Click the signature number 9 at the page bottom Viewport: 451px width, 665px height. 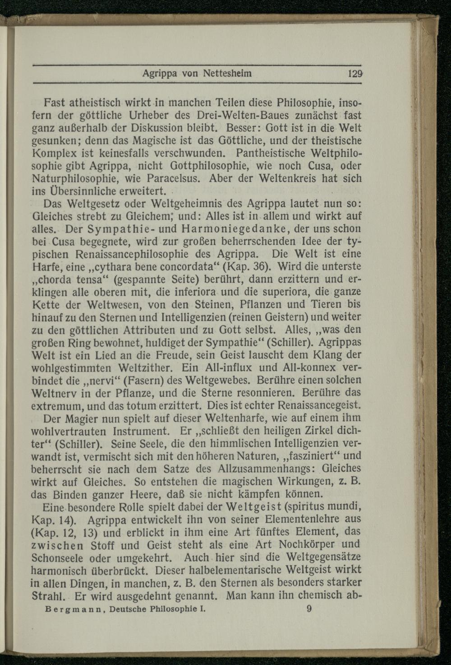[x=309, y=608]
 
